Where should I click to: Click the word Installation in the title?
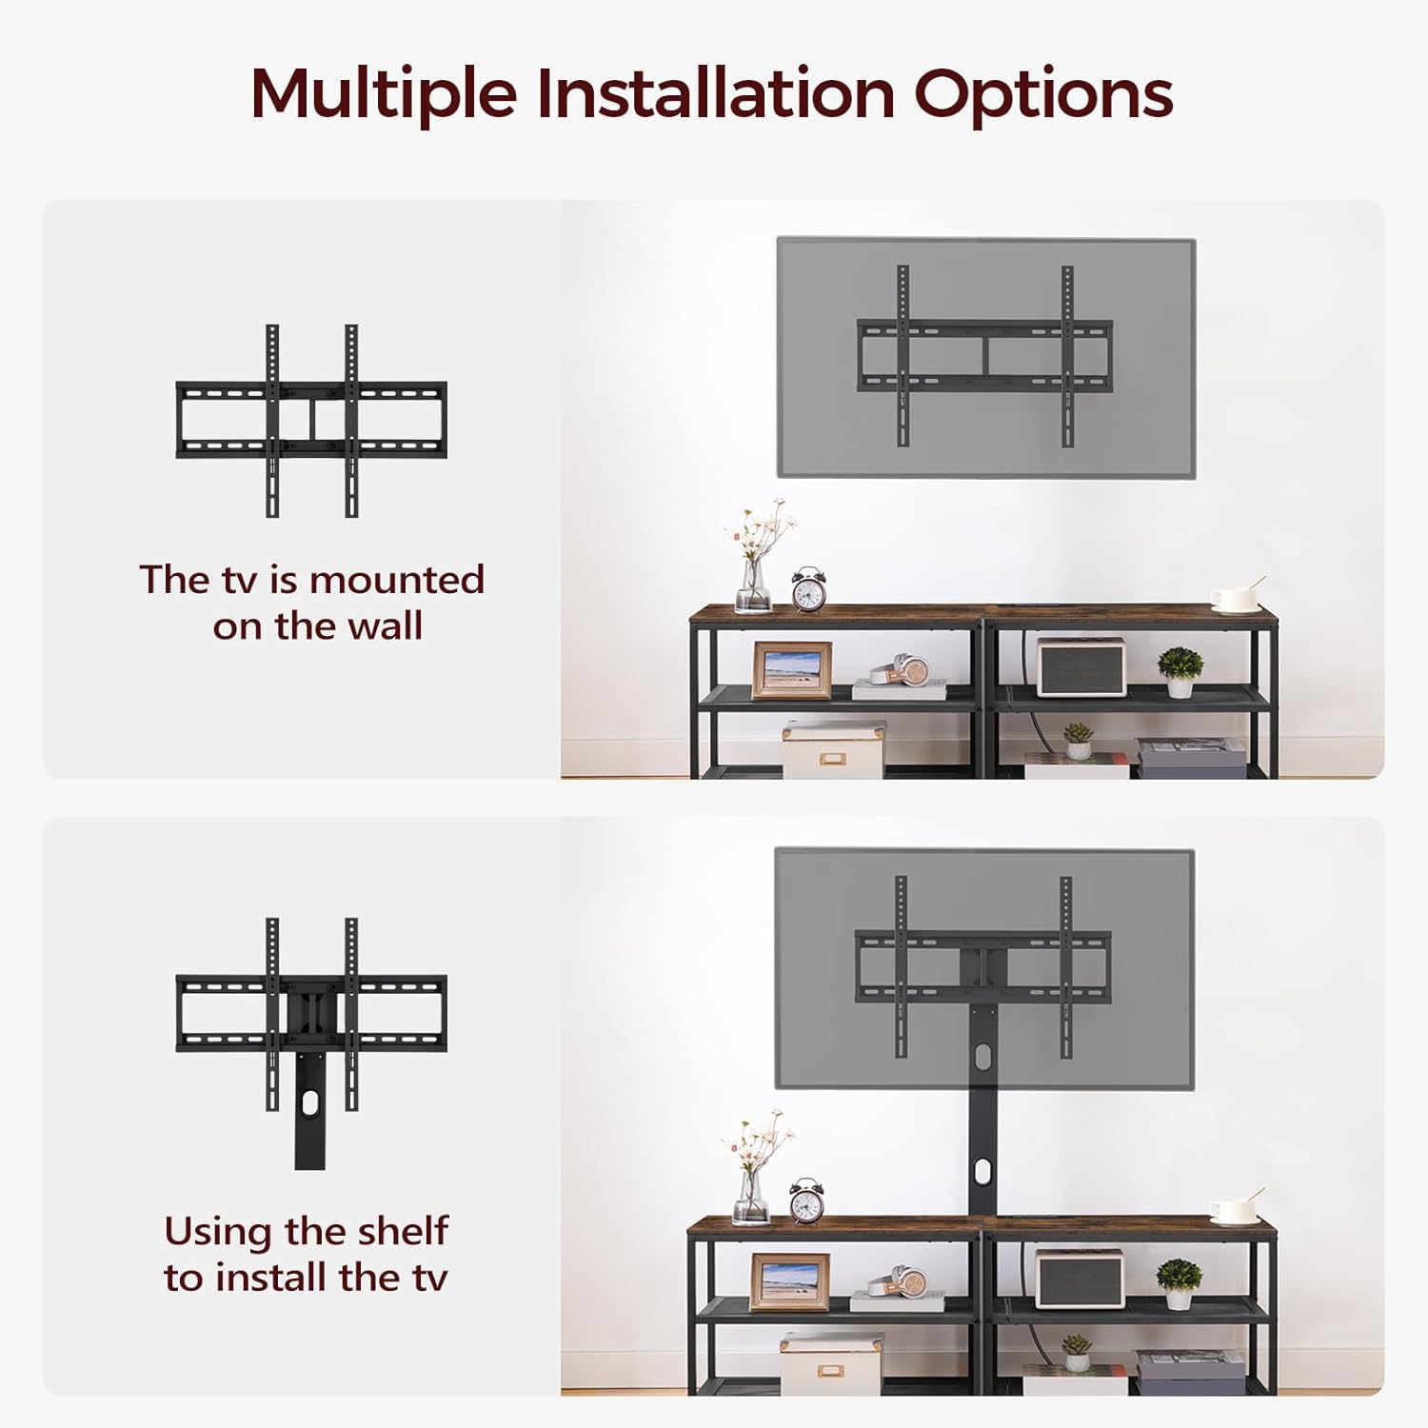pyautogui.click(x=715, y=93)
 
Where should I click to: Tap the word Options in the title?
pyautogui.click(x=1043, y=95)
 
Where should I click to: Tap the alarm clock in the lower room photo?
pyautogui.click(x=806, y=1200)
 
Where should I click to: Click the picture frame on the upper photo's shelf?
pyautogui.click(x=791, y=670)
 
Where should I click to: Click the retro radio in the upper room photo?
pyautogui.click(x=1081, y=666)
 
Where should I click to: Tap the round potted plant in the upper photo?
pyautogui.click(x=1180, y=670)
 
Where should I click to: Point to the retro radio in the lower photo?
pyautogui.click(x=1080, y=1278)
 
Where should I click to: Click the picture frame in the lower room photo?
pyautogui.click(x=789, y=1282)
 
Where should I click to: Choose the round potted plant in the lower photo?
pyautogui.click(x=1179, y=1280)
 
